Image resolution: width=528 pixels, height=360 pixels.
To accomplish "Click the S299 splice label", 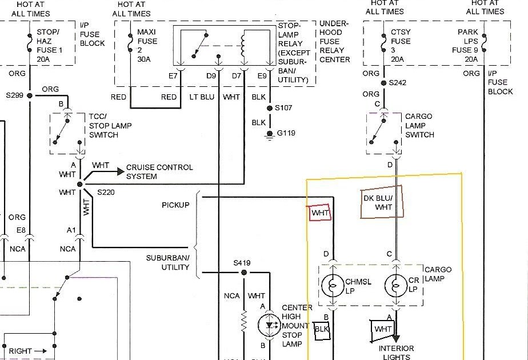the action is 14,95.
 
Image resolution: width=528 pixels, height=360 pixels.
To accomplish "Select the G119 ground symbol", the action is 269,135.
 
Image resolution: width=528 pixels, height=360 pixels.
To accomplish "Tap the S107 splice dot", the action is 269,108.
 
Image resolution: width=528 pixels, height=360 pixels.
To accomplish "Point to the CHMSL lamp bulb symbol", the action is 333,286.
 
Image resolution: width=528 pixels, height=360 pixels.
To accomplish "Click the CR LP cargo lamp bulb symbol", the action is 396,286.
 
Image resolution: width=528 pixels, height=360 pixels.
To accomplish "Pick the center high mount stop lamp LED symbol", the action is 269,325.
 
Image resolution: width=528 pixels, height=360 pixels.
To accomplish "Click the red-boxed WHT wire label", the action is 320,213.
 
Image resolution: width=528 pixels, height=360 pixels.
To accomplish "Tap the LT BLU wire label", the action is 202,97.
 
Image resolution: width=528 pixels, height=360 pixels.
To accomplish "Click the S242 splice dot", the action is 383,83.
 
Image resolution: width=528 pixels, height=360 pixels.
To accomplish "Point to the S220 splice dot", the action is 80,184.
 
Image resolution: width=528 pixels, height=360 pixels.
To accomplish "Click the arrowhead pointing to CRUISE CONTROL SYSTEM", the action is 121,171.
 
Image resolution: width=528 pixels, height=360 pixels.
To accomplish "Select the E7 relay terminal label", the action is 173,76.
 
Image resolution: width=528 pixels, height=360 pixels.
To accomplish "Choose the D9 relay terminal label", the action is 211,76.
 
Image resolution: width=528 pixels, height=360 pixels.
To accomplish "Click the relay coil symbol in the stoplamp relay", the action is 242,46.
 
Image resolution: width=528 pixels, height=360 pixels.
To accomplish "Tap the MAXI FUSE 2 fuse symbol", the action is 130,43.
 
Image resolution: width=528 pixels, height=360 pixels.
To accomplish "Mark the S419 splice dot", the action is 244,273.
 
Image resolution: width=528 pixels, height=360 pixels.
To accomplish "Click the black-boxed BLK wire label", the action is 322,329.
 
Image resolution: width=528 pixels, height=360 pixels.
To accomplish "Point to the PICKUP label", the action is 175,205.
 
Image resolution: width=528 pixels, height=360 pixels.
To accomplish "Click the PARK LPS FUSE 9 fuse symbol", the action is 484,43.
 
